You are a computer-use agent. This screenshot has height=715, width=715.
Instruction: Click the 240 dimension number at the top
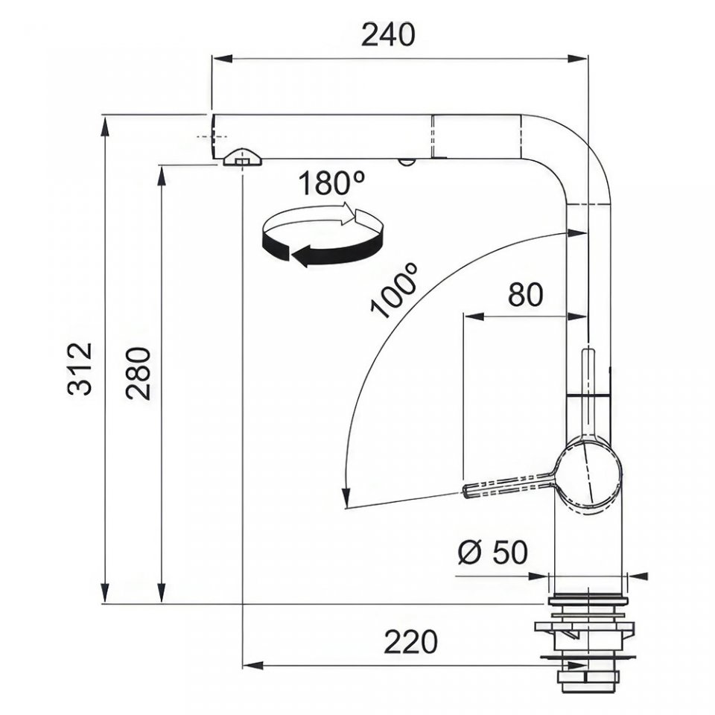tap(387, 35)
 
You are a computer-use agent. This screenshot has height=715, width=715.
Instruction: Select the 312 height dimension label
tap(80, 369)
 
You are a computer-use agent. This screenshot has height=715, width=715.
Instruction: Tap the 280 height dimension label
tap(139, 373)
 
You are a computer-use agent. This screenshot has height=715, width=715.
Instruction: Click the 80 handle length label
tap(525, 294)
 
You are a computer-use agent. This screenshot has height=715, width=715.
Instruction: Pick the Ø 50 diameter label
tap(492, 552)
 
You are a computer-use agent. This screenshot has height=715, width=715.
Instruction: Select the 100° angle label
tap(394, 290)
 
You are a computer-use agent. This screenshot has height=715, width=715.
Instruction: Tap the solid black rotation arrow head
tap(301, 256)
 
